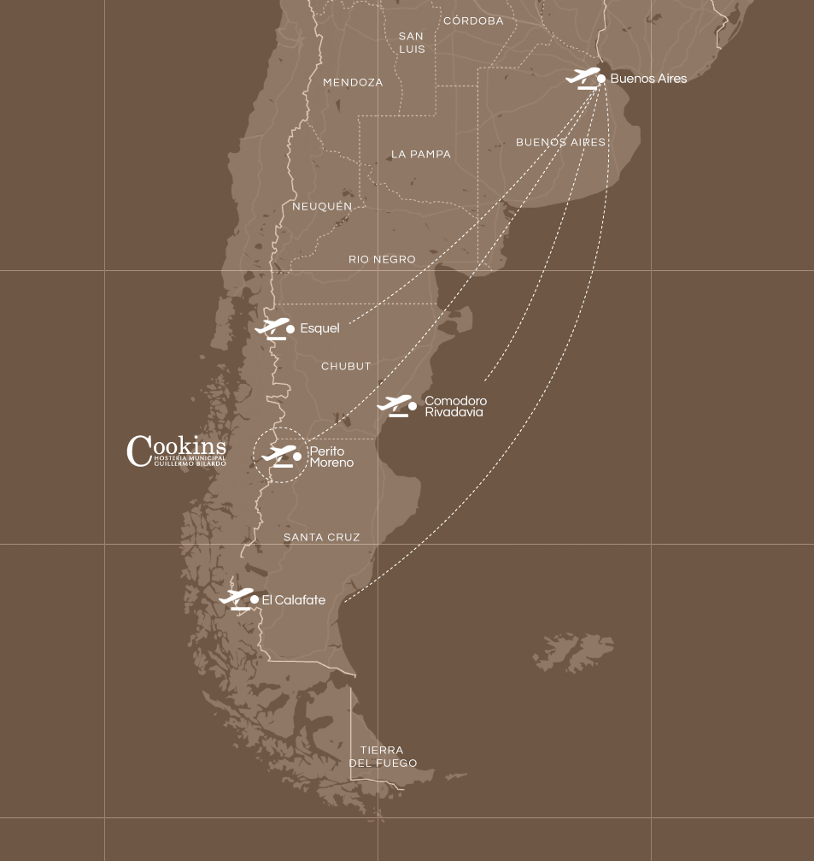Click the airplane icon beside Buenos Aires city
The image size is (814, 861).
click(x=583, y=78)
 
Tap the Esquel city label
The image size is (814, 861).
click(x=319, y=328)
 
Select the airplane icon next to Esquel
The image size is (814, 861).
click(x=272, y=328)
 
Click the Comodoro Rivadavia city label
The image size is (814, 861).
click(x=455, y=406)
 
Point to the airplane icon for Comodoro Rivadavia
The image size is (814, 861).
click(x=395, y=405)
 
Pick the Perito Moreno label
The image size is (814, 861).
click(x=331, y=457)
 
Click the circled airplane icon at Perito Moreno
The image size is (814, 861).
click(x=280, y=456)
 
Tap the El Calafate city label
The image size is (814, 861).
click(x=293, y=600)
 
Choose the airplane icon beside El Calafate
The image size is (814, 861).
click(x=236, y=599)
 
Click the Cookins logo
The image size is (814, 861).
click(x=177, y=451)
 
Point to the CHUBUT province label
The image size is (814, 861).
click(x=346, y=366)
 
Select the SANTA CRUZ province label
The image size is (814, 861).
click(x=321, y=537)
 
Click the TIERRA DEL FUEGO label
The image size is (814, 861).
click(x=382, y=757)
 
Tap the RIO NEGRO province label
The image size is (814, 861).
click(x=382, y=259)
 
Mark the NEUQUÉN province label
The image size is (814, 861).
click(x=322, y=207)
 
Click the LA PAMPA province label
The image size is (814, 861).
click(x=420, y=155)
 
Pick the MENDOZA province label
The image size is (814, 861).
click(x=353, y=83)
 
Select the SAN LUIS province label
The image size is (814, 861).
click(x=411, y=43)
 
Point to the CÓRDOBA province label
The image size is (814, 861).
click(x=473, y=21)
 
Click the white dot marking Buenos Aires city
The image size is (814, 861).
click(x=601, y=79)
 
